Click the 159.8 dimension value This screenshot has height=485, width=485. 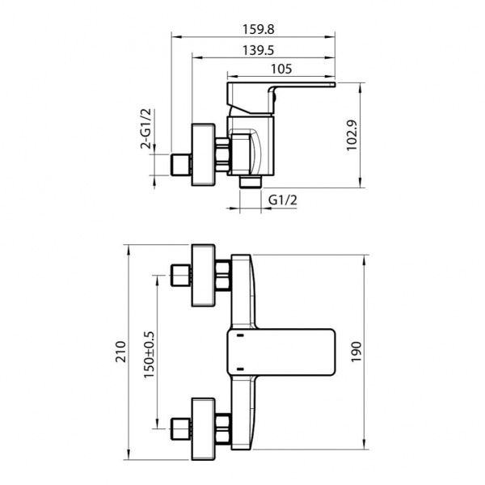[x=259, y=29]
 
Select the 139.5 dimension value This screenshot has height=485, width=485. [x=259, y=50]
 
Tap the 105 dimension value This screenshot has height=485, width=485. [x=281, y=69]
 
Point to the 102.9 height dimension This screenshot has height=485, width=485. [x=352, y=135]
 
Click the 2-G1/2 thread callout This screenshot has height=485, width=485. [x=145, y=129]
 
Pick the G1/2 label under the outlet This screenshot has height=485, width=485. [x=283, y=200]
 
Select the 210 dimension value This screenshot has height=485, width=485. [x=121, y=352]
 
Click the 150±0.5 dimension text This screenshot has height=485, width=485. [x=149, y=355]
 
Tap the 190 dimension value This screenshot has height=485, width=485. [x=356, y=352]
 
